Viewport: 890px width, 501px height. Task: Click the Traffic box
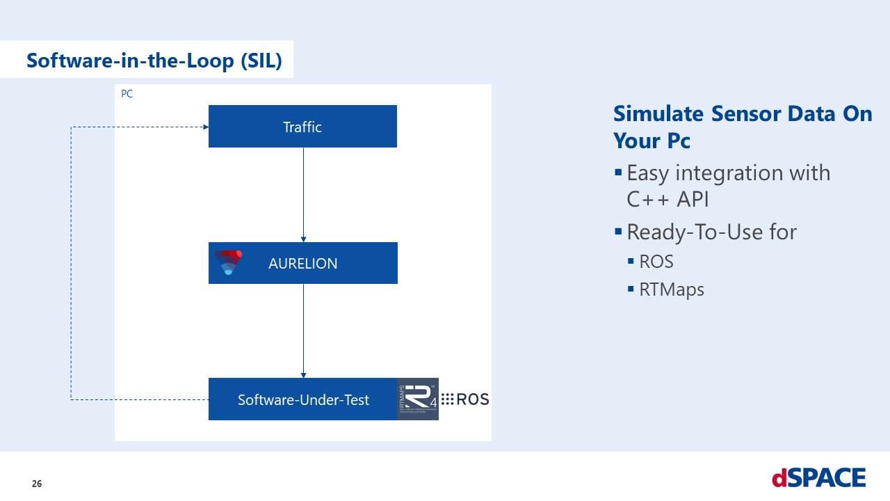coord(302,127)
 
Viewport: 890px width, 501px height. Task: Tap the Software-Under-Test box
coord(303,399)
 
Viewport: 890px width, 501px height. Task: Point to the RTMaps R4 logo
coord(417,399)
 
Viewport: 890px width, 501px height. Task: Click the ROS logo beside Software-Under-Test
coord(465,399)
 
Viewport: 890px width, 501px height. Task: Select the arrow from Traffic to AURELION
coord(303,195)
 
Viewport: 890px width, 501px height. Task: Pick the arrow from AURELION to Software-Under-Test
coord(303,331)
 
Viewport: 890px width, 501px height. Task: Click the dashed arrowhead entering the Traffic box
coord(205,127)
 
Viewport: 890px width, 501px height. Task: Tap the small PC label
coord(127,94)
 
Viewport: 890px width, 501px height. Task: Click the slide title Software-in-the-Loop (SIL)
coord(154,61)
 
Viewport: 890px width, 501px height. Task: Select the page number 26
coord(37,484)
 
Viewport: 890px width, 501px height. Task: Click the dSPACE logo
coord(818,478)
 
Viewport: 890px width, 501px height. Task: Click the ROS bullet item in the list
coord(656,262)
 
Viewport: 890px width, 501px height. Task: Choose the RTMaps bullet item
coord(672,289)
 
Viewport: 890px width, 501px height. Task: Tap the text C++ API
coord(667,199)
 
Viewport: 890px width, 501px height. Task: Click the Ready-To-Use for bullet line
coord(711,232)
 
